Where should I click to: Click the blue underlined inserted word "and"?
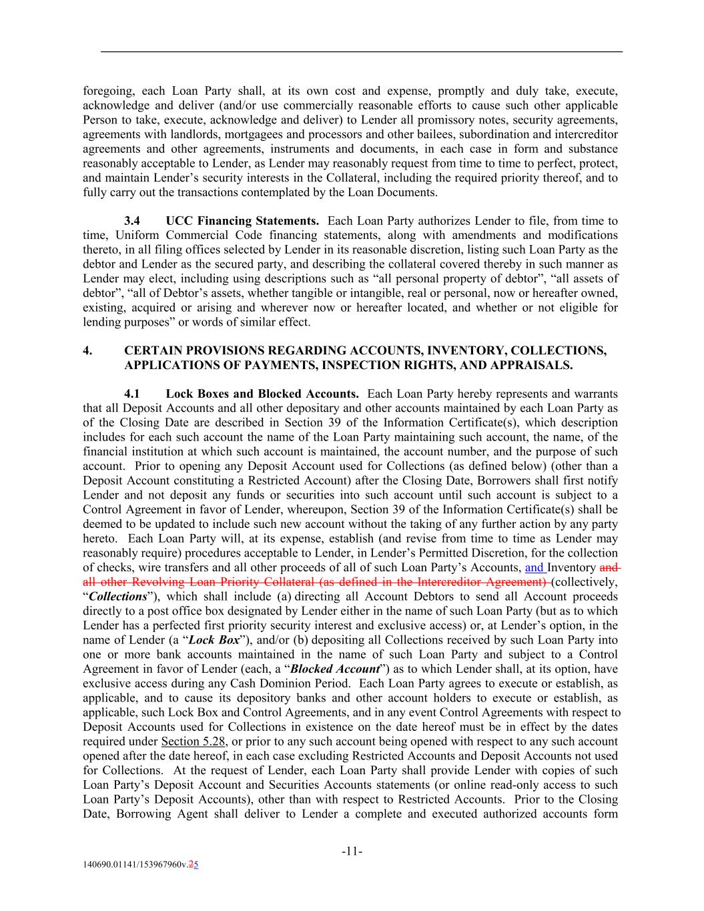535,568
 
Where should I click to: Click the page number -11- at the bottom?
352,852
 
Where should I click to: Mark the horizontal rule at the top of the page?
361,51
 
